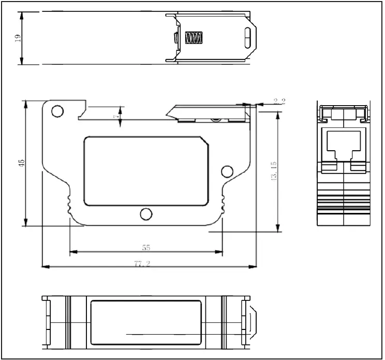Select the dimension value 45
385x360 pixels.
click(21, 163)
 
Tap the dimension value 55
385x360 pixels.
click(146, 248)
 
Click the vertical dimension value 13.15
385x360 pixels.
click(274, 171)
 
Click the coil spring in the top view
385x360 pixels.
click(194, 38)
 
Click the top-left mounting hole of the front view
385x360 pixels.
click(57, 110)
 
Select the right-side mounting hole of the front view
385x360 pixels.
click(226, 171)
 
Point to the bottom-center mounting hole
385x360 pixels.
click(146, 214)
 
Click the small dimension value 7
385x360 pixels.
click(116, 117)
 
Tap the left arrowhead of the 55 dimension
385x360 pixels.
click(72, 253)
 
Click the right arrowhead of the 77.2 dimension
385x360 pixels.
click(254, 267)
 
